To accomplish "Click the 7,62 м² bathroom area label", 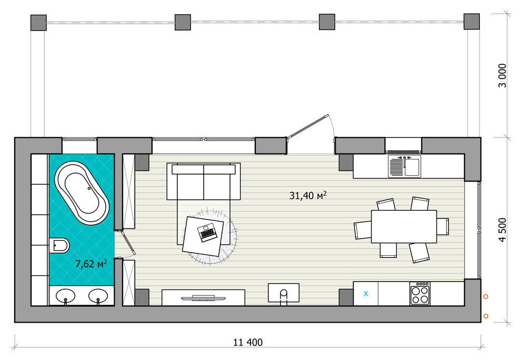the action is (91, 264).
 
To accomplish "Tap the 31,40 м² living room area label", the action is (308, 195).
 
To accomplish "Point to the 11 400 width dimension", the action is (247, 342).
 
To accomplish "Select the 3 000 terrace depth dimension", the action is (503, 75).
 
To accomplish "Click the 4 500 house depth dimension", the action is (503, 229).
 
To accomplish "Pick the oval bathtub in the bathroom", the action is (82, 193).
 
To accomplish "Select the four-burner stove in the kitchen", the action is (420, 294).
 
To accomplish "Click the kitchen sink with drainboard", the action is (404, 166).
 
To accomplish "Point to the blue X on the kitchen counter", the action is (366, 294).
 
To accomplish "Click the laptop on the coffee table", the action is (207, 233).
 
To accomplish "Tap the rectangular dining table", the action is (404, 226).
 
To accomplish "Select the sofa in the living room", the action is (204, 182).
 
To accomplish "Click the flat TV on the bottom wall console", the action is (203, 297).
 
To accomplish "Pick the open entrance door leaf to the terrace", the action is (308, 126).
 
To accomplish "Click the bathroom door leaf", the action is (128, 243).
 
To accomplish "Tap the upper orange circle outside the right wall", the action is (486, 296).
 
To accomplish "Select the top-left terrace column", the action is (38, 23).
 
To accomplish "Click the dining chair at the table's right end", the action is (443, 226).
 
